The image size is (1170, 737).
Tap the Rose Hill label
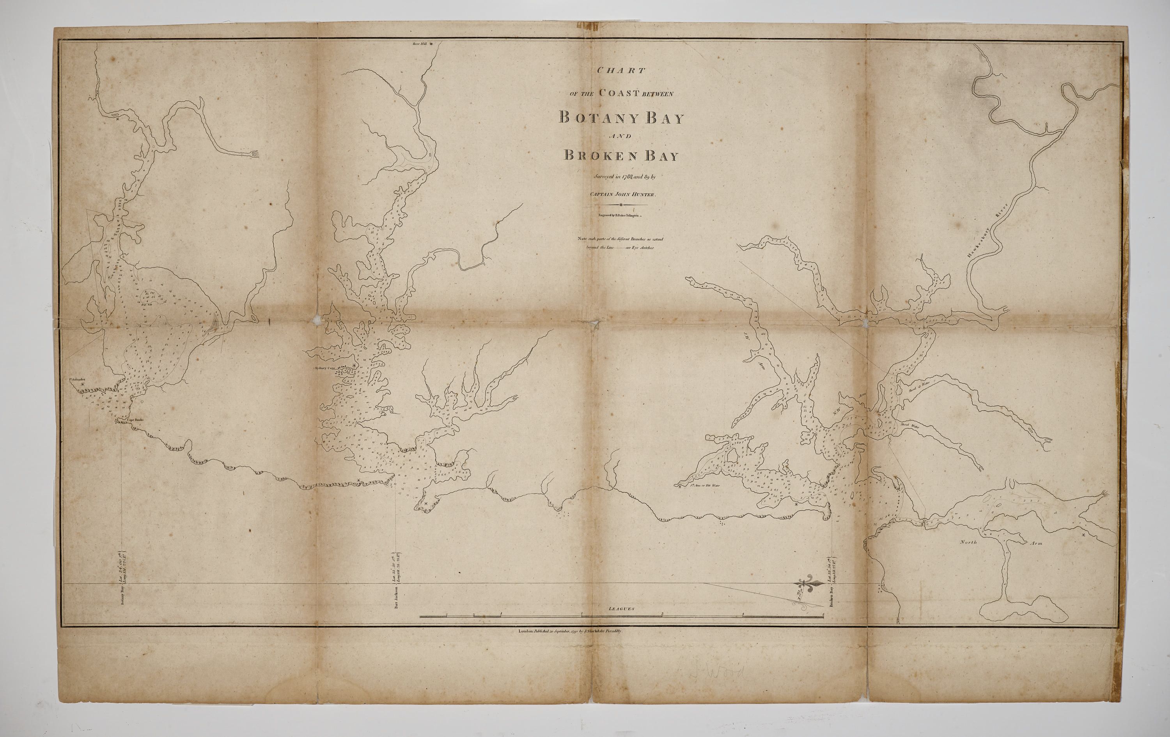(419, 44)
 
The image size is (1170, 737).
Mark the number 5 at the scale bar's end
(823, 615)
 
